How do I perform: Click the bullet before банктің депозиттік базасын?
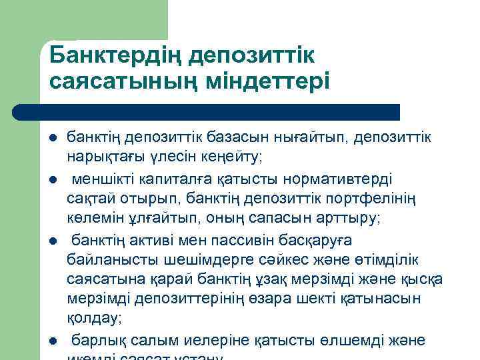click(53, 137)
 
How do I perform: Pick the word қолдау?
click(94, 319)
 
